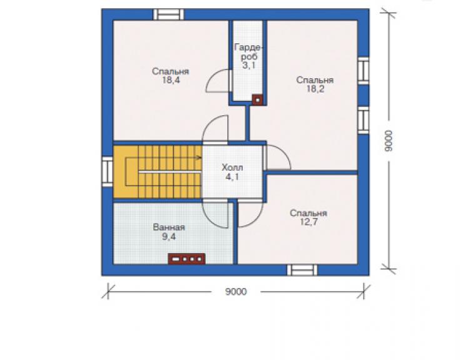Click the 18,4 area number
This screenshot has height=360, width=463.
tap(171, 80)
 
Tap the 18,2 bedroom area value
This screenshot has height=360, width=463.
tap(315, 89)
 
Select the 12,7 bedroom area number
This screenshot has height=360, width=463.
tap(309, 222)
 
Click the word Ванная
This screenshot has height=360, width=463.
tap(169, 227)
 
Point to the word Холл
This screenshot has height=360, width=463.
tap(232, 168)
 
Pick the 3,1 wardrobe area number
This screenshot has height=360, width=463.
tap(248, 65)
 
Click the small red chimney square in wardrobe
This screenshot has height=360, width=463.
tap(258, 100)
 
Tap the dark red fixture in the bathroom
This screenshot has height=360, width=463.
tap(186, 259)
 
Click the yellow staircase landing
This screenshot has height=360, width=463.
tap(126, 172)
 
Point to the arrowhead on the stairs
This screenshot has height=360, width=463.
tap(200, 158)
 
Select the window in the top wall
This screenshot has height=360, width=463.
tap(168, 14)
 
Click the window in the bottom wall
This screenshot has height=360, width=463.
tap(302, 270)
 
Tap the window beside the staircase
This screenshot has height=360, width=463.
tap(108, 172)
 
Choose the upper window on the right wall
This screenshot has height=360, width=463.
tap(363, 71)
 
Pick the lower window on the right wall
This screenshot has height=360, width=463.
tap(363, 120)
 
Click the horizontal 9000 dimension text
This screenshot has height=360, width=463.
tap(236, 292)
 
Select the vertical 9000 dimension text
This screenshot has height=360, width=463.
tap(389, 141)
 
